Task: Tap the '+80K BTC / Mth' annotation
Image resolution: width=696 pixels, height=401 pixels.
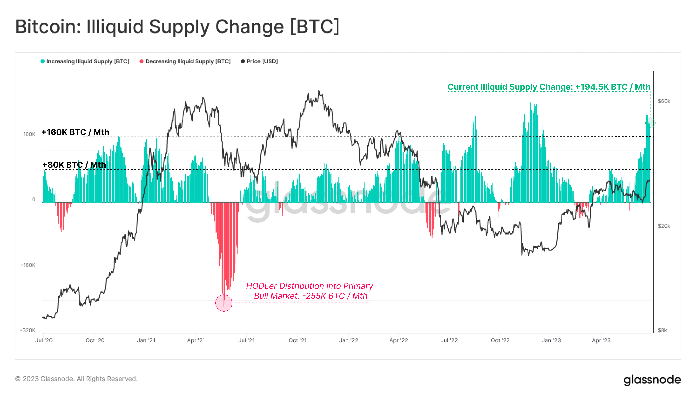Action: (74, 165)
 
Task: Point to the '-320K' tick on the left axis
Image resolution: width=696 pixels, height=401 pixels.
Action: (28, 330)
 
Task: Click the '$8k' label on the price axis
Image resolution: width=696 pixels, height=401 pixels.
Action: (662, 330)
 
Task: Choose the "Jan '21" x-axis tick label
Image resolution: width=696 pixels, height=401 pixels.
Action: (146, 340)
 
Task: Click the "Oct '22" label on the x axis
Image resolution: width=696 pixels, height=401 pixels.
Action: (500, 340)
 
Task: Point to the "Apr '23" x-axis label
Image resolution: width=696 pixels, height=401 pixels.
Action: (601, 340)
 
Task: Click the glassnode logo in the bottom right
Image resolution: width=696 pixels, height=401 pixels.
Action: (652, 380)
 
